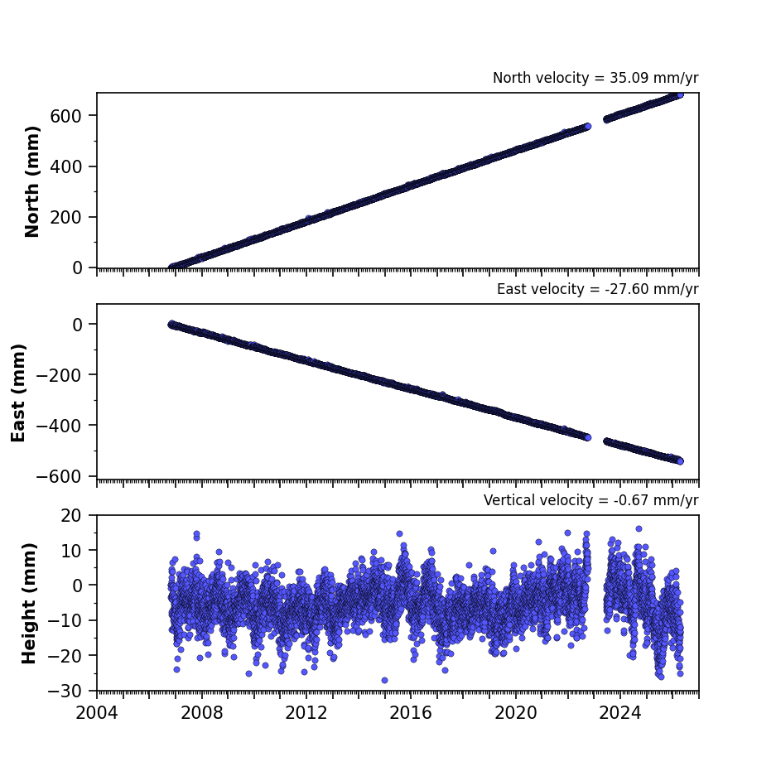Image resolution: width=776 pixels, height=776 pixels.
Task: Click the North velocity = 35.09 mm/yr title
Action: (595, 78)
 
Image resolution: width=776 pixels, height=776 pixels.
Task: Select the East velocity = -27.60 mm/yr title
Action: (597, 289)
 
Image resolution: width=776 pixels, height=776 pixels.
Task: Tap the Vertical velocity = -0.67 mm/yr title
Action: (591, 500)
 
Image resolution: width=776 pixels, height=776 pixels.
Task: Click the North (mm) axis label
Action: (31, 181)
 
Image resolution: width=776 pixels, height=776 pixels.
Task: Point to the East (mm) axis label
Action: (18, 393)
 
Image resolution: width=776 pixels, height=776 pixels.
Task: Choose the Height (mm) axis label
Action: (29, 603)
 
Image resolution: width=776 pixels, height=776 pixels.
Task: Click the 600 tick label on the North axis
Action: (65, 116)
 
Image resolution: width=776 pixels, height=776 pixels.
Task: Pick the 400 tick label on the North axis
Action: (65, 166)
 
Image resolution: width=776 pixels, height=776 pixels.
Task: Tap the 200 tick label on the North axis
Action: (65, 217)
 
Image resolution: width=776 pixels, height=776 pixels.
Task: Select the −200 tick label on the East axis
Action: (59, 376)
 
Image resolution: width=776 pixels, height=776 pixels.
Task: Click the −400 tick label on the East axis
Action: (59, 427)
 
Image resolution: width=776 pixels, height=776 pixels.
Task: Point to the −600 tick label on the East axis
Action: (59, 476)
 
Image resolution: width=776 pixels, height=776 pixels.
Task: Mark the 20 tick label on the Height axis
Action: (70, 516)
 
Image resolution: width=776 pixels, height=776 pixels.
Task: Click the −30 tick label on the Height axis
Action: (65, 691)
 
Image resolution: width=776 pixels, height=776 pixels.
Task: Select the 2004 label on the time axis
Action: (97, 714)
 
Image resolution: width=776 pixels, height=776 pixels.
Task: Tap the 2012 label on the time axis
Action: (306, 714)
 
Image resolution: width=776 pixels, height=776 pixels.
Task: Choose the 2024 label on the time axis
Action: (620, 714)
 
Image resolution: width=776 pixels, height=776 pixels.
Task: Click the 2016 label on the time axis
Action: (411, 714)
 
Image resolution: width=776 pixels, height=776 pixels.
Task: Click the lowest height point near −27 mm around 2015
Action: (384, 681)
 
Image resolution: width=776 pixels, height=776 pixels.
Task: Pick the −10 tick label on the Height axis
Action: (65, 620)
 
